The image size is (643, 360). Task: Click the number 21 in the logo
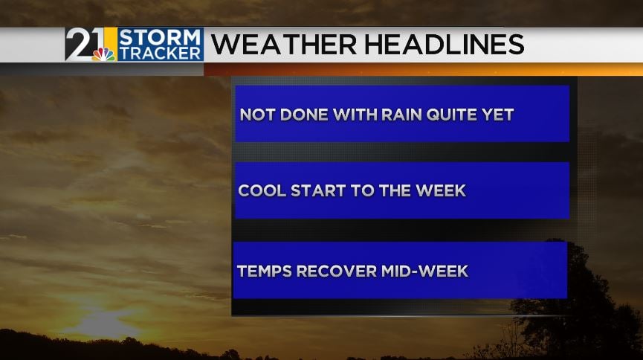[x=85, y=43]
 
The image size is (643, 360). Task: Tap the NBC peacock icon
[x=104, y=54]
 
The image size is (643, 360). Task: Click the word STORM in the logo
[x=160, y=37]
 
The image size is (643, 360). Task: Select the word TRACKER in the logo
[x=161, y=53]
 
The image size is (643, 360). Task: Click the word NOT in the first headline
[x=257, y=115]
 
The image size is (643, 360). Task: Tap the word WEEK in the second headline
[x=441, y=190]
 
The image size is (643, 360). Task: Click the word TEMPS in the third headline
[x=265, y=271]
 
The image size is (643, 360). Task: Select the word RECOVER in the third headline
[x=337, y=271]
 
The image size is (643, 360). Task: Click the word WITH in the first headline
[x=355, y=115]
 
